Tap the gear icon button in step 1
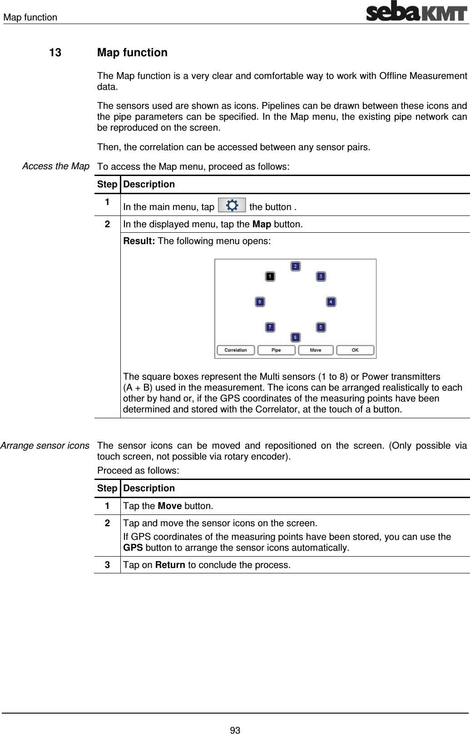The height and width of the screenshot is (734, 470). point(232,206)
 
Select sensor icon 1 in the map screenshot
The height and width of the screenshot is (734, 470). point(270,276)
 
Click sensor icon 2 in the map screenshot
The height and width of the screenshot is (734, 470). point(295,266)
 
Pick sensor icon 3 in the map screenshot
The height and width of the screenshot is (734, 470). point(321,276)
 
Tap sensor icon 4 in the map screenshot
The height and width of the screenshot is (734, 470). point(331,302)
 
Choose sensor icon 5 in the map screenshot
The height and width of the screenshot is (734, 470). point(321,327)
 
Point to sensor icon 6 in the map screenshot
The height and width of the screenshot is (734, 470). point(295,337)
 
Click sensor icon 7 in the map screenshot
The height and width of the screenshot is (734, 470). point(270,327)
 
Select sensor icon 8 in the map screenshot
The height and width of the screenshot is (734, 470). point(260,302)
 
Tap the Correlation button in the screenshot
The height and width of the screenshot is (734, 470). point(236,350)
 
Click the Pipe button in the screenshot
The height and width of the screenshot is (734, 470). point(276,350)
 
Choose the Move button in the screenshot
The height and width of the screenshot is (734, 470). point(316,350)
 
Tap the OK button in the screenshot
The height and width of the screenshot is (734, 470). point(355,350)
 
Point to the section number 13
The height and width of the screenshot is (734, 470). point(55,53)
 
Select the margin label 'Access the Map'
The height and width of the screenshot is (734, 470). point(56,166)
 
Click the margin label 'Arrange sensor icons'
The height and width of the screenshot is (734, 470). point(45,445)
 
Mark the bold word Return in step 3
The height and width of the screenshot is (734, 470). point(170,565)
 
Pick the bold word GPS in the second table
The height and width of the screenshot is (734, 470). point(133,548)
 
